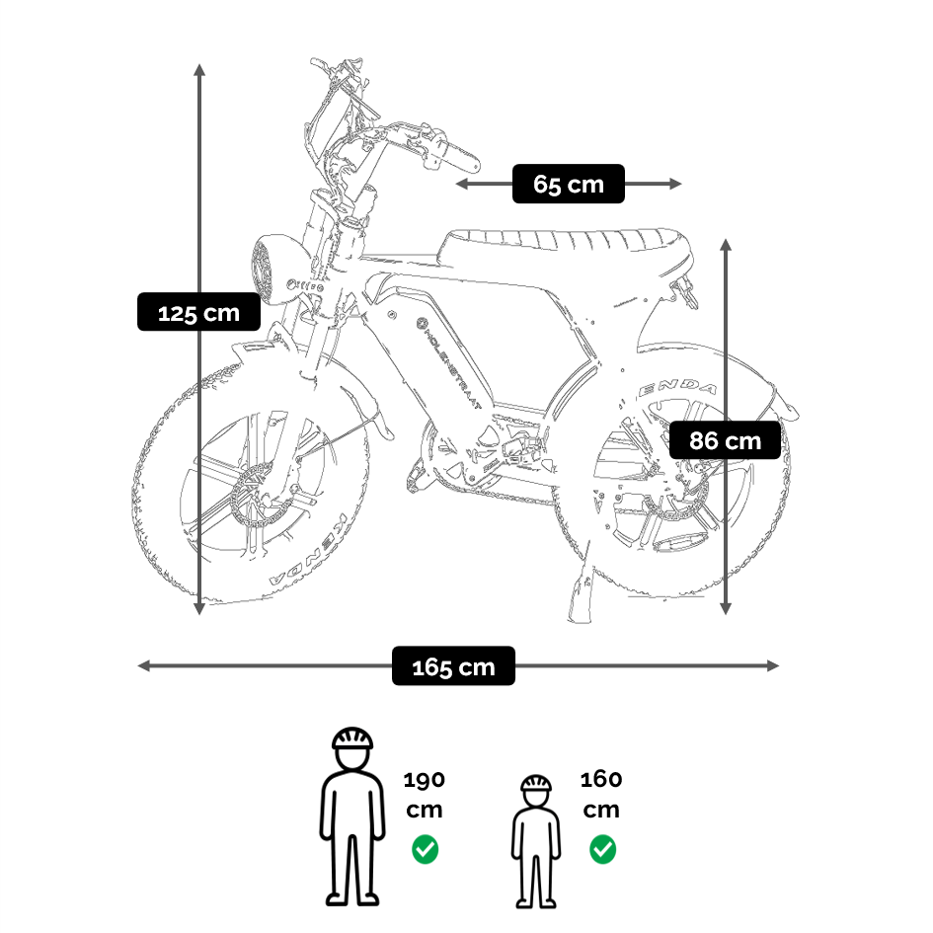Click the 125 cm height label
(198, 313)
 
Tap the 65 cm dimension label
(568, 184)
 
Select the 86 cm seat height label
(726, 440)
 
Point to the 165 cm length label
(453, 666)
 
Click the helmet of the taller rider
(352, 739)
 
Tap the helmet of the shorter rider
(536, 785)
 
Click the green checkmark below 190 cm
(426, 848)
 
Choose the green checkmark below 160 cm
(602, 848)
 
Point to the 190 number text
(425, 780)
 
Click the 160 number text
(601, 780)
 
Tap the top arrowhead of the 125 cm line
(199, 70)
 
